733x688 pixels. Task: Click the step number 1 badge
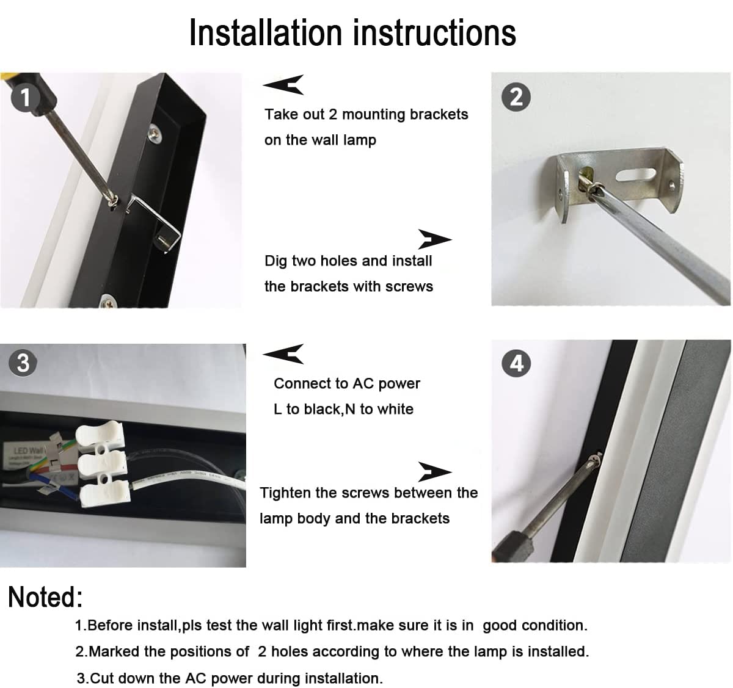click(x=25, y=98)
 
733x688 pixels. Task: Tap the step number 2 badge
click(x=516, y=98)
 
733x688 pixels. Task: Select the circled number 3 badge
click(x=23, y=363)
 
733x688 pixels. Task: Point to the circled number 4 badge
click(x=516, y=364)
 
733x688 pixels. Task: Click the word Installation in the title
click(x=265, y=33)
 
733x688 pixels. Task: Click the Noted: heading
click(x=45, y=597)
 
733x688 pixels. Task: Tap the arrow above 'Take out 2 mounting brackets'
click(x=284, y=85)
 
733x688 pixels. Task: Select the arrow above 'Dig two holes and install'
click(x=434, y=239)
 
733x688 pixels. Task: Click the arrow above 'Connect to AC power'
click(x=284, y=353)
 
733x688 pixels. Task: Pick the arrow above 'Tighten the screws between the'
click(x=434, y=472)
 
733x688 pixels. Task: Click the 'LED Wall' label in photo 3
click(x=23, y=451)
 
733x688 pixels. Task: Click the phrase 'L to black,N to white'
click(x=343, y=409)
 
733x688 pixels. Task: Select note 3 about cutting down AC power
click(x=230, y=678)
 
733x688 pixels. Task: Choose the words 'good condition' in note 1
click(x=534, y=625)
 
